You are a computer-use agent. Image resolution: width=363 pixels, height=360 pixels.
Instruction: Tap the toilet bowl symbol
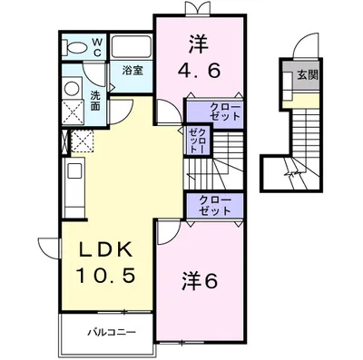pos(76,44)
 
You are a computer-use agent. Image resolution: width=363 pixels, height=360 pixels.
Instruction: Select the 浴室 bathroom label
pos(133,69)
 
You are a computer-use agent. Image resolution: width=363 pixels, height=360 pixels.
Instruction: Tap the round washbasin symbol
pos(73,89)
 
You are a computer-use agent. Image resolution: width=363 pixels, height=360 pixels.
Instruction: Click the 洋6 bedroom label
pos(197,279)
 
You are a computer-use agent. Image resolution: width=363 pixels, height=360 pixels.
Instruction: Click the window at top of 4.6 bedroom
pos(196,12)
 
